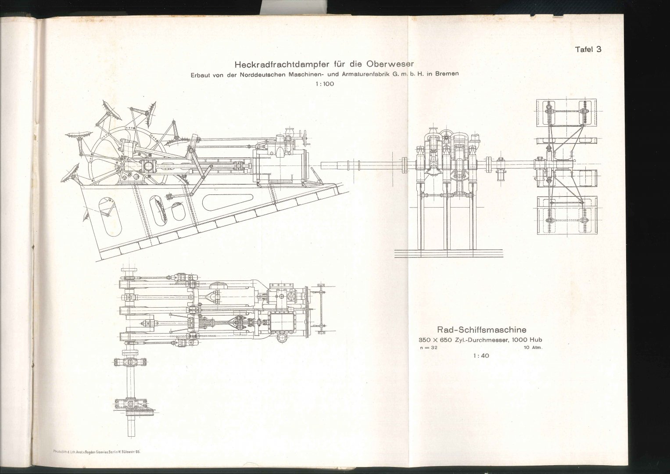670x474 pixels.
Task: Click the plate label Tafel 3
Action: (x=588, y=50)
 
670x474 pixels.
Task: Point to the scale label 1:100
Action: (x=324, y=84)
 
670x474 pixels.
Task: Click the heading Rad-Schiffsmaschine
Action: (x=481, y=329)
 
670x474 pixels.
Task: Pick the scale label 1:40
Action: (x=481, y=356)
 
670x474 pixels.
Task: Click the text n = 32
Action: (x=428, y=348)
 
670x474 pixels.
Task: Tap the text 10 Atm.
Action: (x=533, y=348)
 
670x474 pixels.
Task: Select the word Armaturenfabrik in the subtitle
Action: (x=370, y=74)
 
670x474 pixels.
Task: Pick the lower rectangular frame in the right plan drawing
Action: (x=566, y=215)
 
